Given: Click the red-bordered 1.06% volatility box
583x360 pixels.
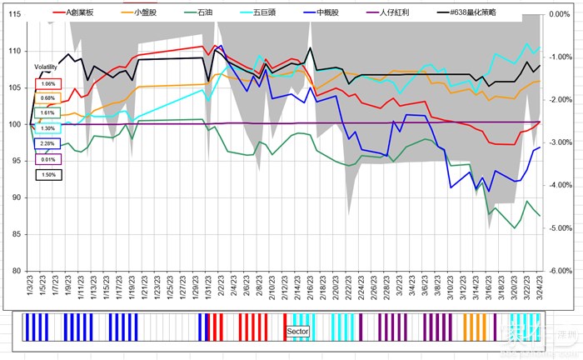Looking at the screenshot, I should tap(48, 83).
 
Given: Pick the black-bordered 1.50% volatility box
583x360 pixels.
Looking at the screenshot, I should tap(48, 174).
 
